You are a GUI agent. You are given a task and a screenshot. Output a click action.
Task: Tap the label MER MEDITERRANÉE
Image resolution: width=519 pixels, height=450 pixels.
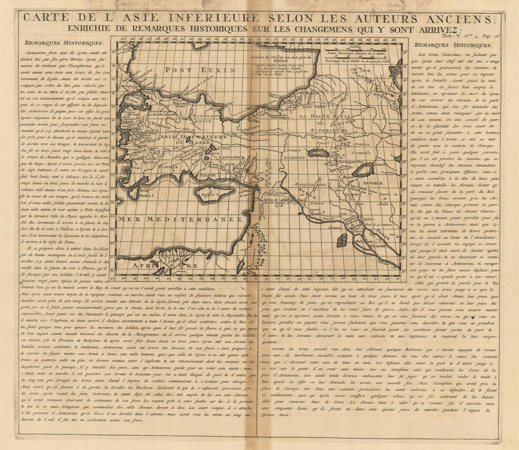(x=181, y=219)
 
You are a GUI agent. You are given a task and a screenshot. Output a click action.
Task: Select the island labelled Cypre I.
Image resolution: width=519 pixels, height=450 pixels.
(x=211, y=194)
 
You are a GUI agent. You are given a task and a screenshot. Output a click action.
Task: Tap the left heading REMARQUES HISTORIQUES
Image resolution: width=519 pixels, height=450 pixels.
(x=65, y=43)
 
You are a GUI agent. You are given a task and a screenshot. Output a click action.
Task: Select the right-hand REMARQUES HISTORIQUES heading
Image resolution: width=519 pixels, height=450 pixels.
(x=453, y=45)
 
